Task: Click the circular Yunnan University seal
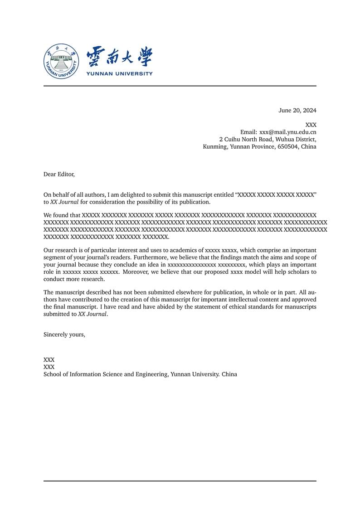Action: pos(61,61)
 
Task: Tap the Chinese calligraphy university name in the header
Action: pos(119,57)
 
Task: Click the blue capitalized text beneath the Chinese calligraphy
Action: pos(119,73)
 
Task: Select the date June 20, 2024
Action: pos(297,110)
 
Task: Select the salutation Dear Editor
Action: pos(58,174)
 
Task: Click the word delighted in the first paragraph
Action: pos(131,194)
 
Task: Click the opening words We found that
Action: pos(62,215)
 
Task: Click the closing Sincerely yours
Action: pos(64,334)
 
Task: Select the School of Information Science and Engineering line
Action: pos(140,374)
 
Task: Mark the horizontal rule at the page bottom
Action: pos(180,481)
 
